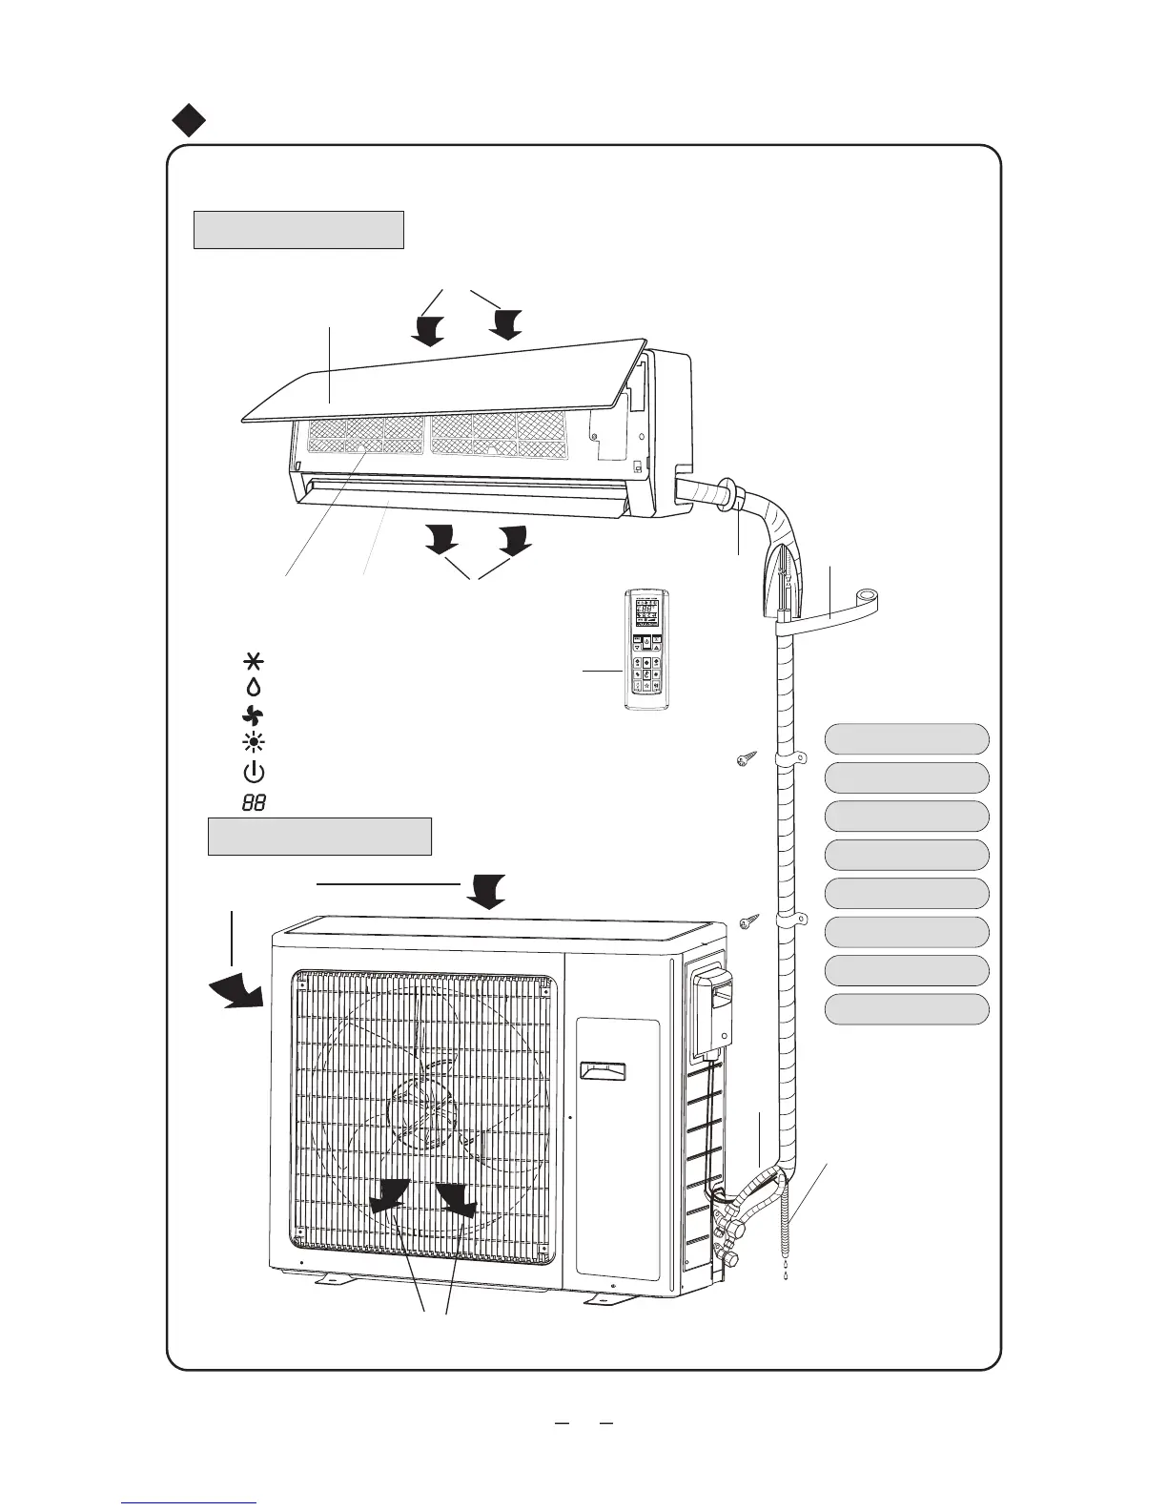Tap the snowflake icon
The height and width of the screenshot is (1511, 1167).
point(256,661)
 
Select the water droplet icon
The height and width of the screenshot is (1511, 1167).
point(256,686)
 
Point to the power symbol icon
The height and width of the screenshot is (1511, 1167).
point(256,774)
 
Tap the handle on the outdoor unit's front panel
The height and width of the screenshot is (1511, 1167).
point(604,1070)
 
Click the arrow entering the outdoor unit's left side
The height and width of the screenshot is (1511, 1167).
point(236,992)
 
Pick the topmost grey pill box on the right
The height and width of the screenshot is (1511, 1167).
point(906,739)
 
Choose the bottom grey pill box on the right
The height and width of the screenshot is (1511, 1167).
point(906,1009)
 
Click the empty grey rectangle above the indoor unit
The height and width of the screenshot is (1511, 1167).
point(298,230)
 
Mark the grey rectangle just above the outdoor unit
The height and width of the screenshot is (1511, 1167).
point(319,837)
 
